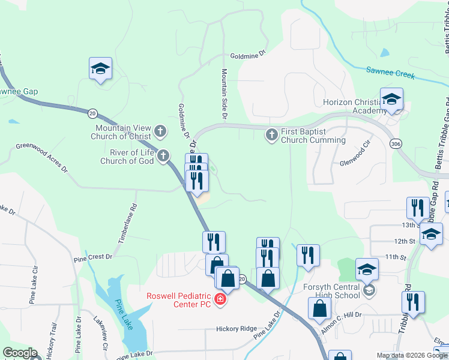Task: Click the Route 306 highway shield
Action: tap(395, 144)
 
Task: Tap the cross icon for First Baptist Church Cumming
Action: tap(271, 134)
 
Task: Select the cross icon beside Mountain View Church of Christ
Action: tap(160, 130)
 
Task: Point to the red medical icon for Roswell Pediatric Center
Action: tap(220, 299)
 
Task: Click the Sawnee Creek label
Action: tap(390, 73)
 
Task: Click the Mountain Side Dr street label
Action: tap(224, 92)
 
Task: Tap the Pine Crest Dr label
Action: tap(93, 257)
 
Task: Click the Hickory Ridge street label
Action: tap(237, 329)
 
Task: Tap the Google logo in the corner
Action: tap(20, 353)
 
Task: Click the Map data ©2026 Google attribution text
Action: tap(412, 355)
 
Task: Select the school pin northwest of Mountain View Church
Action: tap(101, 69)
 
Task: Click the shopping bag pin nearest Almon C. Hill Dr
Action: tap(321, 308)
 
